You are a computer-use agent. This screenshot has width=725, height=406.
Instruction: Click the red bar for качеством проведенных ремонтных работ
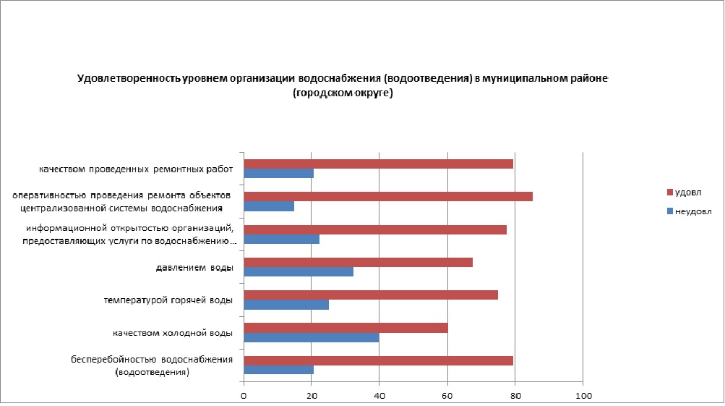coord(379,164)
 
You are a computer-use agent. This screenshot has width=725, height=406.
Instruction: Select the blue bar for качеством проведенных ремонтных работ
coord(279,174)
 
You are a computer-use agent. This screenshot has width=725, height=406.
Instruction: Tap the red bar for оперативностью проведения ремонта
coord(388,196)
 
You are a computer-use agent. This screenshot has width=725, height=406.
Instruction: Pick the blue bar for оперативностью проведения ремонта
coord(269,206)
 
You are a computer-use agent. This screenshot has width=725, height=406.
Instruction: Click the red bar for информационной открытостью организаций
coord(375,229)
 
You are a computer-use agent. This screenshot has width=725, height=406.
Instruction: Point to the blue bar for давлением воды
coord(299,271)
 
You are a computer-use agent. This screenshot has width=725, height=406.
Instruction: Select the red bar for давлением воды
coord(359,261)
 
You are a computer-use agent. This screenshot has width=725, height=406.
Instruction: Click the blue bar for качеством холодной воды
coord(312,337)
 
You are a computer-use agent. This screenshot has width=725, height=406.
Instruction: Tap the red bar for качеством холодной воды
coord(346,327)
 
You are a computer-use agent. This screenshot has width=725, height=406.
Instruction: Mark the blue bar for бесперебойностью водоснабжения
coord(279,370)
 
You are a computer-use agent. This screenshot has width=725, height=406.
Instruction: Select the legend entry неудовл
coord(690,212)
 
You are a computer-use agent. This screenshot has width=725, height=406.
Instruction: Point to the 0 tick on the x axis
coord(244,395)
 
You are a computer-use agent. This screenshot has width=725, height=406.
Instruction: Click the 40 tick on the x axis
coord(379,395)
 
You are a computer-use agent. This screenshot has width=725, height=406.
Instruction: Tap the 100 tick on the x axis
coord(583,395)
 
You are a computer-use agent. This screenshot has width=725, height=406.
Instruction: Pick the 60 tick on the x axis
coord(447,395)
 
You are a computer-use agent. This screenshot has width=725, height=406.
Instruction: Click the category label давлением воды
coord(194,268)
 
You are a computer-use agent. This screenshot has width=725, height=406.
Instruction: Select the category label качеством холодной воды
coord(172,334)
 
